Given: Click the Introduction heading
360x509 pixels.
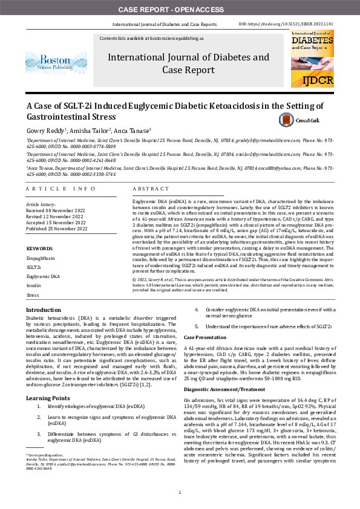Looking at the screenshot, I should [x=43, y=310].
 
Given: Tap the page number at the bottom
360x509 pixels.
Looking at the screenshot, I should [x=180, y=493].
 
